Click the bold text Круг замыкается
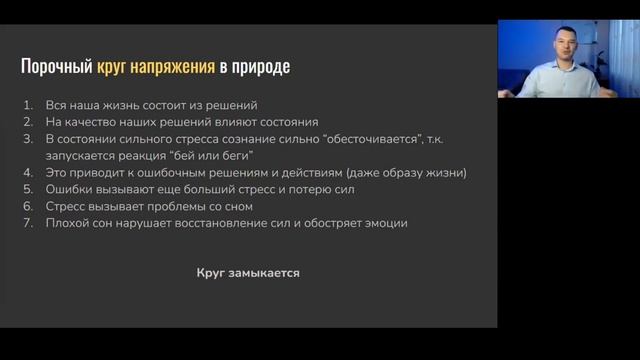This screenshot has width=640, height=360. click(249, 272)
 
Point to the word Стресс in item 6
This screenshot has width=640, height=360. click(68, 206)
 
